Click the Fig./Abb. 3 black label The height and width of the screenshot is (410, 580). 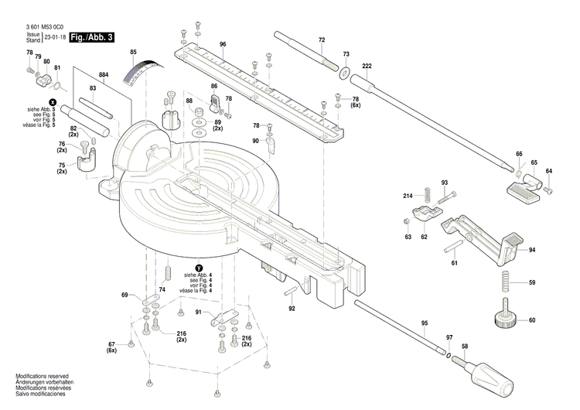(x=91, y=37)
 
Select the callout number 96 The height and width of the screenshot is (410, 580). (x=223, y=45)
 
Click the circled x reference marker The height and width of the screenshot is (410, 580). (x=53, y=102)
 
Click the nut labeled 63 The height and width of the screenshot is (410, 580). (x=407, y=222)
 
